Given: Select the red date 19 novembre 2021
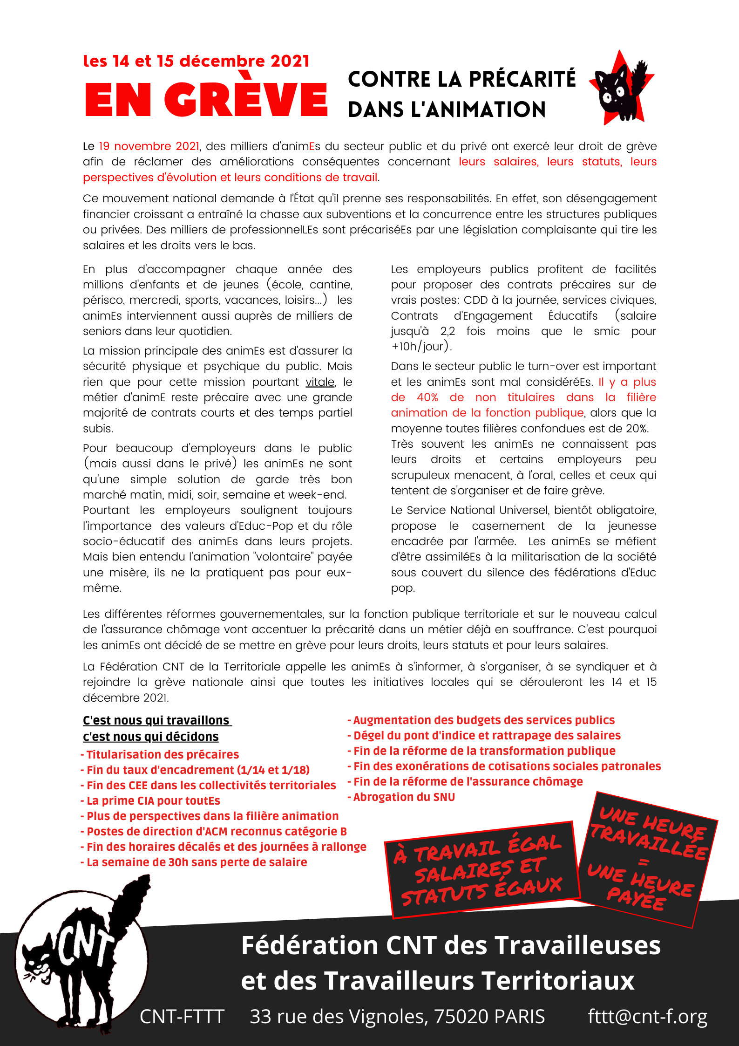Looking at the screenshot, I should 149,146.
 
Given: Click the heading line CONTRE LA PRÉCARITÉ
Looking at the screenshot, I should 461,80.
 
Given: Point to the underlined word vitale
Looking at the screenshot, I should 320,382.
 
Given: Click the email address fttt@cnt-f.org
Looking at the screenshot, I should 647,1016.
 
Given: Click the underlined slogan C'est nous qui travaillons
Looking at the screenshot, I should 157,721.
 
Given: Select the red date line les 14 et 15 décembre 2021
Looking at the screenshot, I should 196,61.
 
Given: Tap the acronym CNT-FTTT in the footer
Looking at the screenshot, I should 182,1016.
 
